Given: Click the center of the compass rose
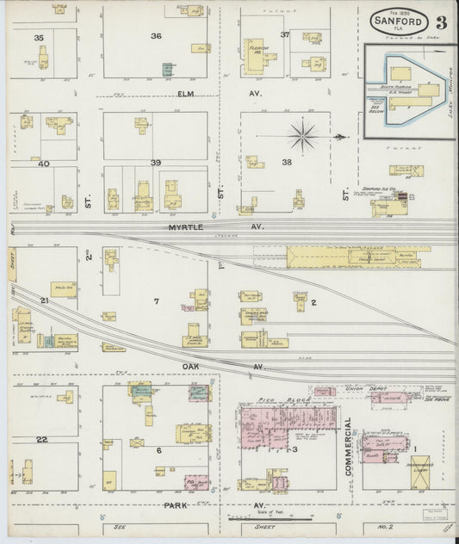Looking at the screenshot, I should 304,133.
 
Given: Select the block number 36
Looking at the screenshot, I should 156,36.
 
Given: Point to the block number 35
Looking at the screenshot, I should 39,38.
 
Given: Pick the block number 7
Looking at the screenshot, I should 156,300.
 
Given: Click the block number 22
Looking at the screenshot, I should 40,439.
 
